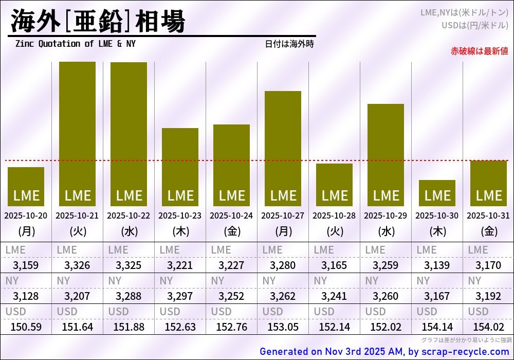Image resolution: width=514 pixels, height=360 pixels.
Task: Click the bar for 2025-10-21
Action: (77, 134)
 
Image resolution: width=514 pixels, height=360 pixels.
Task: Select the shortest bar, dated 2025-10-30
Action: (437, 193)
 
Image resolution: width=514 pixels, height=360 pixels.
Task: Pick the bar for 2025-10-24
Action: (231, 165)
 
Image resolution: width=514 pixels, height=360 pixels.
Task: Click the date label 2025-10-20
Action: (26, 216)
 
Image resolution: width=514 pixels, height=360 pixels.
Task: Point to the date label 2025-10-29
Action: (385, 216)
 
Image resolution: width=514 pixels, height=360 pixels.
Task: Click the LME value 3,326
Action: (77, 265)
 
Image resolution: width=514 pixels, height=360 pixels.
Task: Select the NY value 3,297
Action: (180, 296)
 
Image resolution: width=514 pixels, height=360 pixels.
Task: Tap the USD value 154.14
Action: (437, 327)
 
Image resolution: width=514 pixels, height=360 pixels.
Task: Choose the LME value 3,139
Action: (437, 265)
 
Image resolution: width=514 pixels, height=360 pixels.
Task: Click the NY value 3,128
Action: (26, 296)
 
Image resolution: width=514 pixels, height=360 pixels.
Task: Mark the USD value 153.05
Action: (283, 327)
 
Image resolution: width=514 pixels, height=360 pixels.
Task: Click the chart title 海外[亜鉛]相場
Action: (98, 22)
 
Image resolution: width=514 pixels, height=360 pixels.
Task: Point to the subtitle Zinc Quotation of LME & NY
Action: (76, 44)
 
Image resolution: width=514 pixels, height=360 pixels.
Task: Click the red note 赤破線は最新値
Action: (479, 51)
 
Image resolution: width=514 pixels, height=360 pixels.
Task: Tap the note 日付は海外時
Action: (289, 44)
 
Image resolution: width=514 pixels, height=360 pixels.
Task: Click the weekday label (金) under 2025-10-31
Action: (488, 231)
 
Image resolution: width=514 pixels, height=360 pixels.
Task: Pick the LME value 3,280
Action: (283, 265)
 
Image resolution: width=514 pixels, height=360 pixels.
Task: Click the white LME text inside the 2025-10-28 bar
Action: (334, 196)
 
